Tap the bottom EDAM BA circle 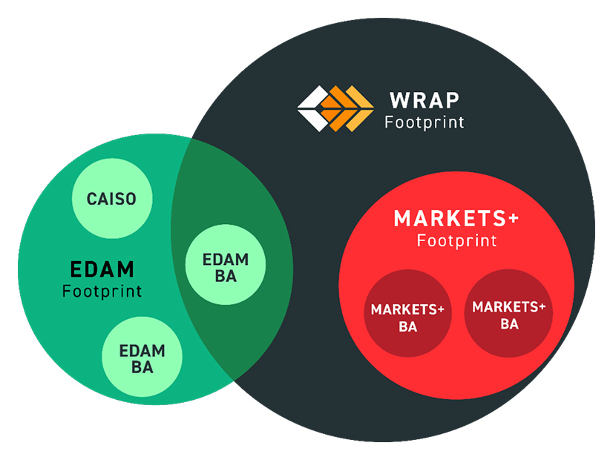coord(142,358)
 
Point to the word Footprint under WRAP coord(424,121)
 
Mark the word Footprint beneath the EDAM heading coord(102,290)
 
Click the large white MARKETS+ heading coord(456,219)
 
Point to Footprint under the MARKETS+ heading coord(456,240)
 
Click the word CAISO coord(111,199)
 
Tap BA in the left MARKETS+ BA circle coord(407,326)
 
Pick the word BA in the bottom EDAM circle coord(142,367)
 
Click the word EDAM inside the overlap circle coord(225,260)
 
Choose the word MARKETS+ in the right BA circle coord(509,306)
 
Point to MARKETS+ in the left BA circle coord(407,309)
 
